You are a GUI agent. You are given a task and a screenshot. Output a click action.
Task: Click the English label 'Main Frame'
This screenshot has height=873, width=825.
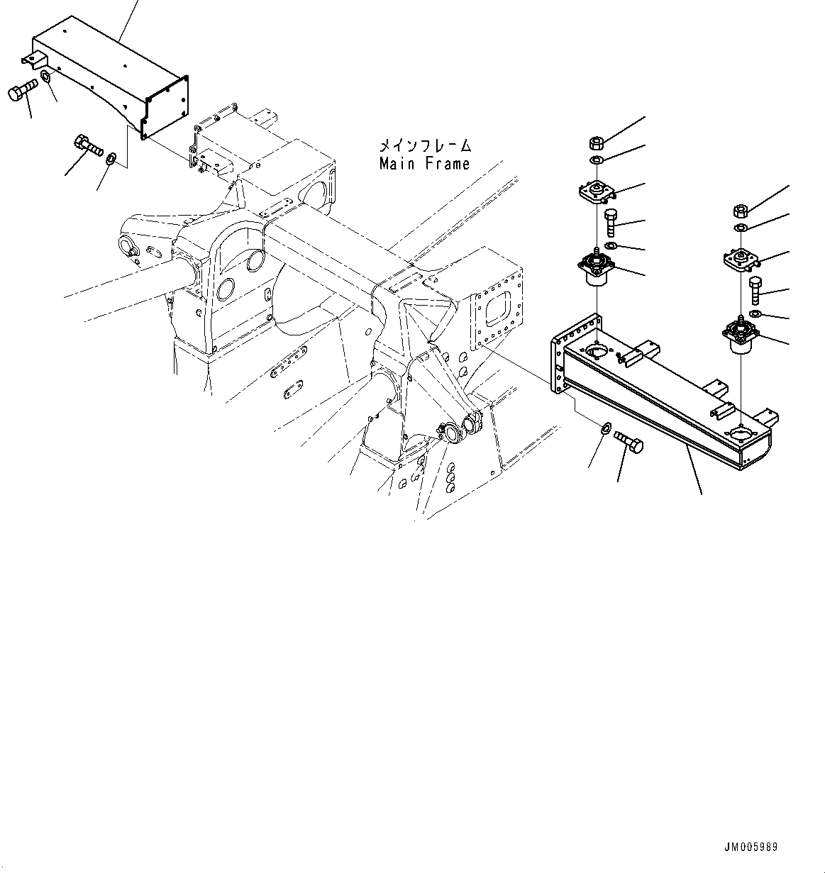[x=424, y=164]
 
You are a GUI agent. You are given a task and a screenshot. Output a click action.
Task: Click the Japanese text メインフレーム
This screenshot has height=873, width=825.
[x=424, y=147]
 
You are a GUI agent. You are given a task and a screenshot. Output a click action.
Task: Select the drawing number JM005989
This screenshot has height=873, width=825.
[x=751, y=847]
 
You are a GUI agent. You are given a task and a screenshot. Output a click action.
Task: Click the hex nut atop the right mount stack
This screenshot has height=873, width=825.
[x=740, y=211]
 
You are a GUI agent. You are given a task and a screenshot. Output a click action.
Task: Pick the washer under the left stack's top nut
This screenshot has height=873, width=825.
[x=598, y=160]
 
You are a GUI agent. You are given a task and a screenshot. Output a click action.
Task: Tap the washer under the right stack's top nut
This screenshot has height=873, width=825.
[x=740, y=228]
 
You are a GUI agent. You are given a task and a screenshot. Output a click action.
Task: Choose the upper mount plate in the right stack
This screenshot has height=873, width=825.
[x=741, y=260]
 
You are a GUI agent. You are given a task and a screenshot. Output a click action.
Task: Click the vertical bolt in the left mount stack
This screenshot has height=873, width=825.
[x=611, y=223]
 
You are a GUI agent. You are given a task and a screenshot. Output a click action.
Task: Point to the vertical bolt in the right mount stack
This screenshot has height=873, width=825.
[x=755, y=291]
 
